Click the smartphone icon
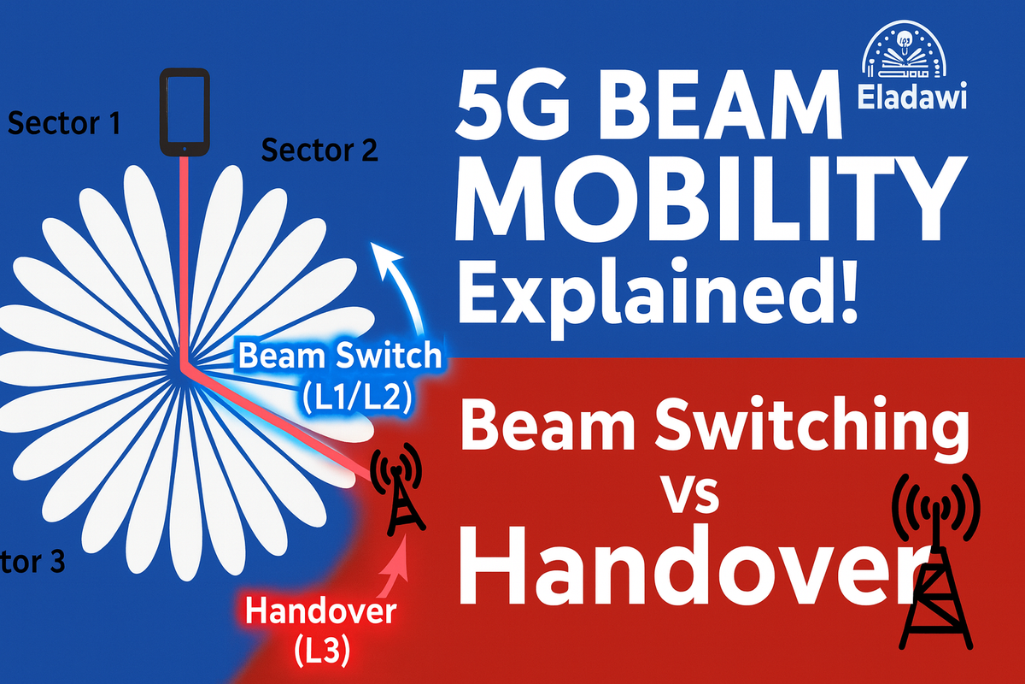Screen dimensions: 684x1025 [184, 112]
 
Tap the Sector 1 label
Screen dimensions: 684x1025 [64, 124]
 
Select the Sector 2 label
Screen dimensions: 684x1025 [319, 150]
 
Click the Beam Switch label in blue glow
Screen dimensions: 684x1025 [340, 357]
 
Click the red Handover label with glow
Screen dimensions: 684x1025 [320, 612]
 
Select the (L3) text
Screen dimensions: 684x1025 [320, 652]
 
